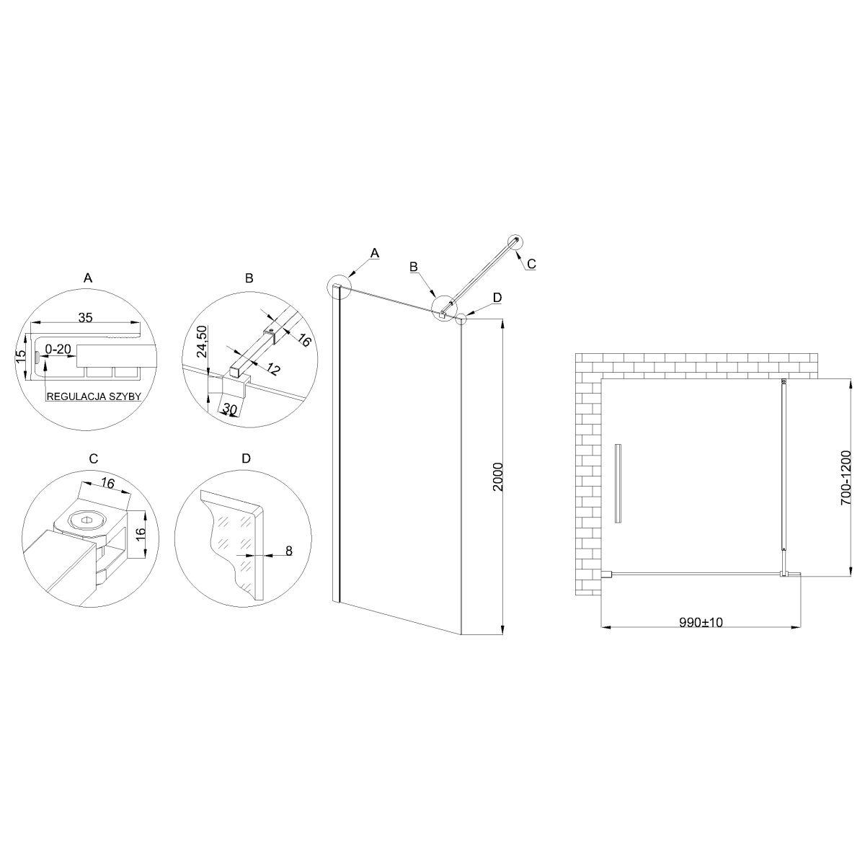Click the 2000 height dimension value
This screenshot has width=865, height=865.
(498, 476)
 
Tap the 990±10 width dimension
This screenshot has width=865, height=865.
(701, 623)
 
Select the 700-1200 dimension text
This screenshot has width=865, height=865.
(846, 478)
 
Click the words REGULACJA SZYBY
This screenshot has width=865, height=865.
(94, 396)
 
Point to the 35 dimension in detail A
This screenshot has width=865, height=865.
(85, 317)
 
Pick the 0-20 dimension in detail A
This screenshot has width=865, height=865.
(58, 348)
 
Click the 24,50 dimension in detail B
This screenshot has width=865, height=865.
(203, 341)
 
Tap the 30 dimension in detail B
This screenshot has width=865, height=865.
(229, 409)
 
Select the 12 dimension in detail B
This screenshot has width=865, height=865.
(272, 369)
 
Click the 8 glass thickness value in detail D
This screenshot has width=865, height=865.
(288, 550)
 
